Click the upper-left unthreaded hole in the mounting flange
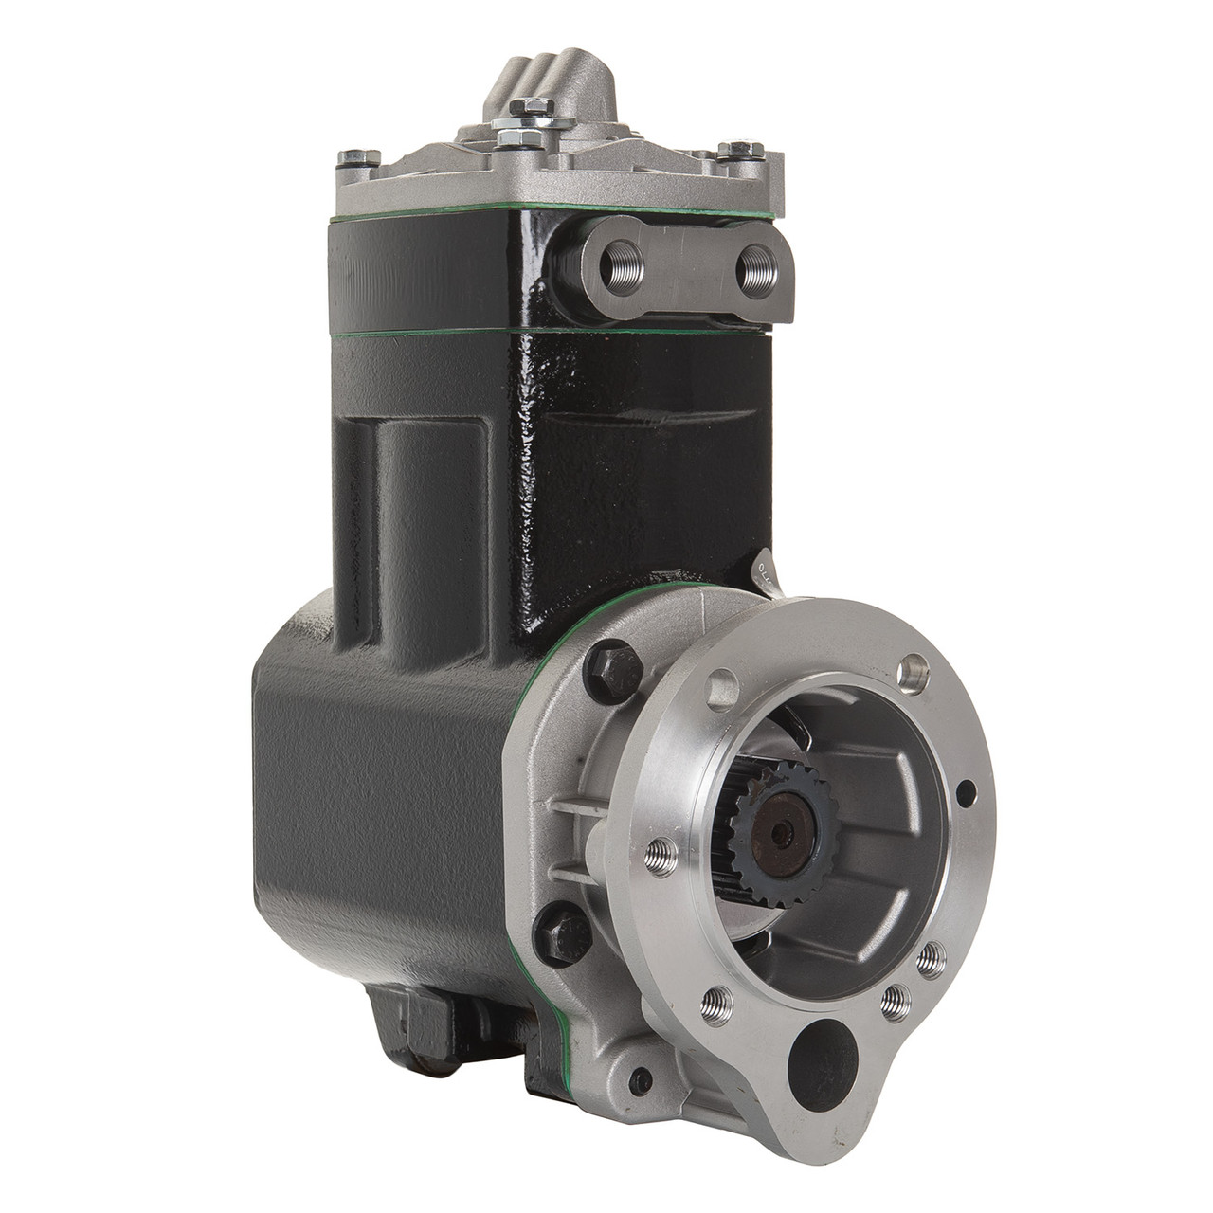point(722,682)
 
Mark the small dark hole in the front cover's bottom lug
point(645,1077)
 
